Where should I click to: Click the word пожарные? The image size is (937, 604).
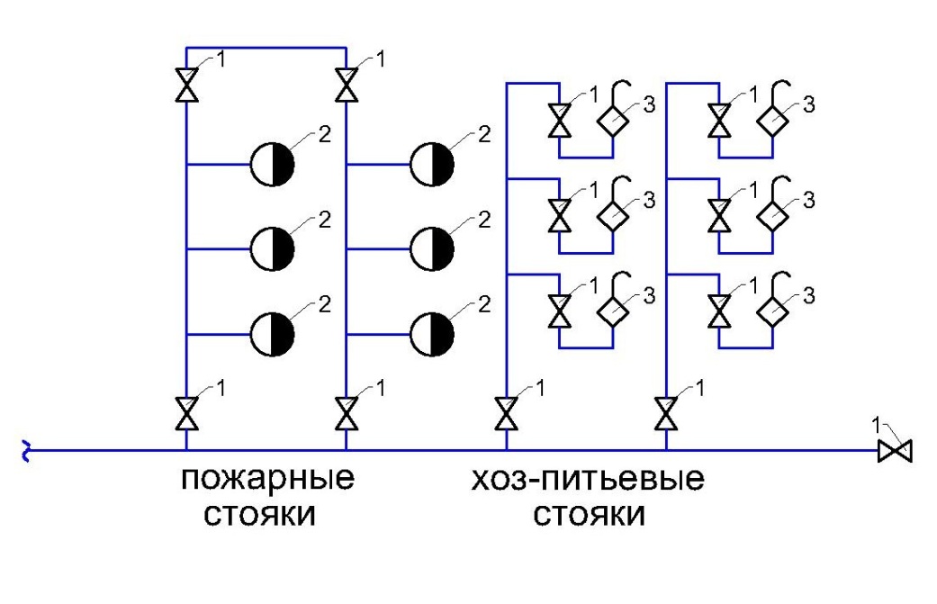point(267,480)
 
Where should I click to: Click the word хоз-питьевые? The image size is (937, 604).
point(588,480)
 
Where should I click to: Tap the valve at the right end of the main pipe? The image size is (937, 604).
point(896,450)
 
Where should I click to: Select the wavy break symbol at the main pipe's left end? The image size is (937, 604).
point(26,450)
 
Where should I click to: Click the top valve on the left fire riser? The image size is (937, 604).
point(186,85)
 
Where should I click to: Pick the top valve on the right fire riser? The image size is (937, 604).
point(347,85)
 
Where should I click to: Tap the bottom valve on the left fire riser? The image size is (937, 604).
point(186,413)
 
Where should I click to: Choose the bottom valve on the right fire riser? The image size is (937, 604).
point(347,413)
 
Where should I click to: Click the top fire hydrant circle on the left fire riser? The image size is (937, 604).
point(272,165)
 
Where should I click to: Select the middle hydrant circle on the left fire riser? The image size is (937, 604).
point(272,249)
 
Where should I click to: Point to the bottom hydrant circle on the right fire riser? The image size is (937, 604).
point(432,335)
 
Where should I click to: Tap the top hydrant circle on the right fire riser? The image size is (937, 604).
point(432,165)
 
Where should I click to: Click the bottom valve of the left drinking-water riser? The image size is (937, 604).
point(507,413)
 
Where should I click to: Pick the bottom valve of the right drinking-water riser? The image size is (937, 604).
point(666,413)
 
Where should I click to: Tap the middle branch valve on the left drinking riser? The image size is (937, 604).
point(560,216)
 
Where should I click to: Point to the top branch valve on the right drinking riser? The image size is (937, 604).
point(719,121)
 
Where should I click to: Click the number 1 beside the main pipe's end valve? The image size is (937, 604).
point(877,426)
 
